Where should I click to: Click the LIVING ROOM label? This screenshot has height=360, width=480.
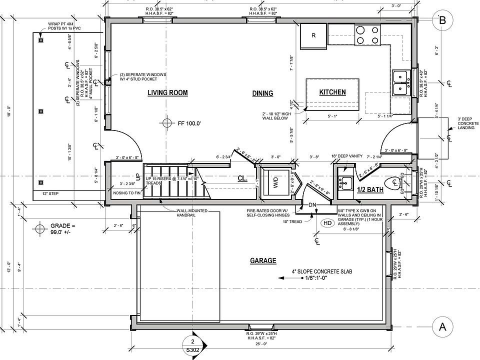[167, 93]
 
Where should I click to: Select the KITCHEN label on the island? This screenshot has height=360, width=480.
[332, 92]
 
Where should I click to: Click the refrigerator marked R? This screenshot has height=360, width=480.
[313, 35]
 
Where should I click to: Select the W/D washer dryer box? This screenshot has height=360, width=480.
[276, 183]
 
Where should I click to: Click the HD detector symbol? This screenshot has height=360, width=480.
[328, 223]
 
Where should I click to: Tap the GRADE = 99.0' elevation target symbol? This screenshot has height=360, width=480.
[39, 229]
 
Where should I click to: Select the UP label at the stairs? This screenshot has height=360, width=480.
[138, 177]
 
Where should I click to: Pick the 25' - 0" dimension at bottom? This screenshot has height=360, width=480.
[261, 343]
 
